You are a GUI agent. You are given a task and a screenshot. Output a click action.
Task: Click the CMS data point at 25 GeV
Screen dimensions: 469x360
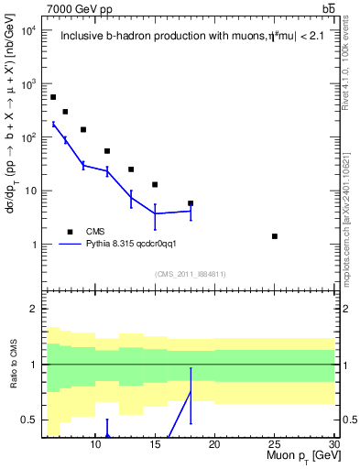[x=274, y=236]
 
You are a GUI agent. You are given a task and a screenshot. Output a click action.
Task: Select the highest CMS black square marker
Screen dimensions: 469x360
[x=53, y=97]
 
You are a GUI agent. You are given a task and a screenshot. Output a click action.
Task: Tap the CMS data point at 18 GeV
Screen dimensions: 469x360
[x=191, y=203]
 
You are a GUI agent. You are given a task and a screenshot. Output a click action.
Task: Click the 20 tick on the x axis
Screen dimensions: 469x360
[x=214, y=445]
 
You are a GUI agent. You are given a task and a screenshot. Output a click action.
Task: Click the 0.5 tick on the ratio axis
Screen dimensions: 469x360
[x=29, y=420]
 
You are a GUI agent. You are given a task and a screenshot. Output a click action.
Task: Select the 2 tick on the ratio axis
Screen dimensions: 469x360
[x=33, y=309]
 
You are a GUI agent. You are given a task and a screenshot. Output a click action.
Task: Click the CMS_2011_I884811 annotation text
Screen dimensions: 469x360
[x=191, y=274]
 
